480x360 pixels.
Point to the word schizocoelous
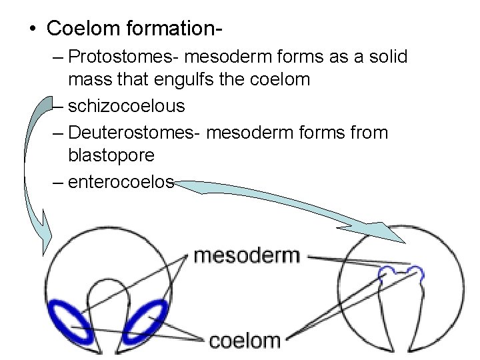click(x=127, y=106)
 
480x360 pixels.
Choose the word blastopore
click(x=111, y=156)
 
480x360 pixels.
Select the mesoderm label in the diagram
click(x=247, y=255)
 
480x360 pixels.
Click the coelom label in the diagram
click(x=245, y=341)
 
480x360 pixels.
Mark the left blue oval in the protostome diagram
click(x=72, y=322)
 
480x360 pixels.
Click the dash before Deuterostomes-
click(x=58, y=133)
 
